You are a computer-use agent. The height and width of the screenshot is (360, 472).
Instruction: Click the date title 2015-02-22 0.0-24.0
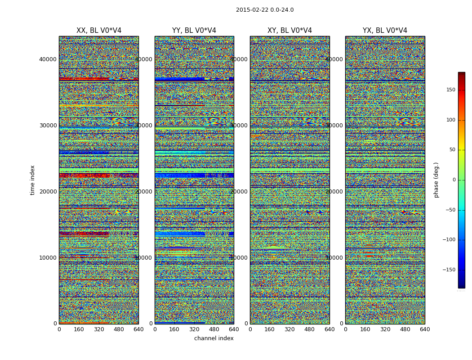[265, 10]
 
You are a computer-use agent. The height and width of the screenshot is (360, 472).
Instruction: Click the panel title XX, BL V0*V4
[99, 31]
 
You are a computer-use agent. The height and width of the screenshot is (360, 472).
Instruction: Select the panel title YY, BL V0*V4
[194, 31]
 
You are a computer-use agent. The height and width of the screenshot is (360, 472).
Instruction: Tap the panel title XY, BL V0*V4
[289, 31]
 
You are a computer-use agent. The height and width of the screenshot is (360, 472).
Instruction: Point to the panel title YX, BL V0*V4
[385, 31]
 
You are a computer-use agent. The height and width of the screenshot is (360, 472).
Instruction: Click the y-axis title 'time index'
[32, 180]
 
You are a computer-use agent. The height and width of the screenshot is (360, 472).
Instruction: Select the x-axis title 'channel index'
[214, 338]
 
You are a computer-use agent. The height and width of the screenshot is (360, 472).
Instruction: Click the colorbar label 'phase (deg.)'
[436, 180]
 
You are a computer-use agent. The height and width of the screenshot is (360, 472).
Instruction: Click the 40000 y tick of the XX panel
[48, 59]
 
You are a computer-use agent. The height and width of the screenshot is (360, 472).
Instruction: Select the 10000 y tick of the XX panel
[48, 257]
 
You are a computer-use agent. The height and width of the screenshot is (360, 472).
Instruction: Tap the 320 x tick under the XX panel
[99, 329]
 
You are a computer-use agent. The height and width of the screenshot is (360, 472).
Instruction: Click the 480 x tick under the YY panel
[214, 329]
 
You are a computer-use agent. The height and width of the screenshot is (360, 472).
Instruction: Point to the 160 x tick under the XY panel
[270, 329]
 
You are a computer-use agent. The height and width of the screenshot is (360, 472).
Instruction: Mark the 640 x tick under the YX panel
[425, 329]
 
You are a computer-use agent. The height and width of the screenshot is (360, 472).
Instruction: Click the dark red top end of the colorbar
[461, 74]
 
